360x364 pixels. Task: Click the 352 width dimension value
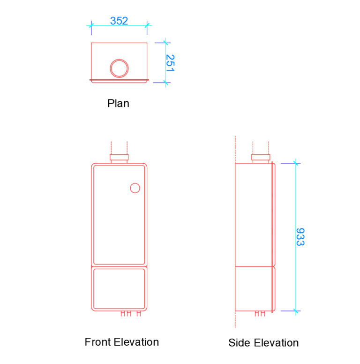119,21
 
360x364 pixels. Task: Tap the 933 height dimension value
300,237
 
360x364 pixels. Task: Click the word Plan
118,103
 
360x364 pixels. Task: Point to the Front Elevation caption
121,342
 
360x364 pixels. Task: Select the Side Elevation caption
263,343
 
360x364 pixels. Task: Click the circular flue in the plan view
119,68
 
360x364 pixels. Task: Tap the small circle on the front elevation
135,188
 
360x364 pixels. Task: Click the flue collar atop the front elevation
119,158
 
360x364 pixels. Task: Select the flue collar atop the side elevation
261,158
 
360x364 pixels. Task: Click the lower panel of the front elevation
119,288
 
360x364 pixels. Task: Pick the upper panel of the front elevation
119,215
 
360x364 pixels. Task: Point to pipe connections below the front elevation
130,313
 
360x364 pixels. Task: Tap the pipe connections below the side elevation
260,313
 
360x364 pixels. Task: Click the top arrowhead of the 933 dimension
295,163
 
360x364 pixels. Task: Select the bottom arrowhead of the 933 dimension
295,311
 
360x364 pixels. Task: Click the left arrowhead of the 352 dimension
91,25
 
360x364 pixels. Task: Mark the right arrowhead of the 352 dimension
147,25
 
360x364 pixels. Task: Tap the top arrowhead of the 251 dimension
165,43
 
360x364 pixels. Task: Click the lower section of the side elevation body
253,288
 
